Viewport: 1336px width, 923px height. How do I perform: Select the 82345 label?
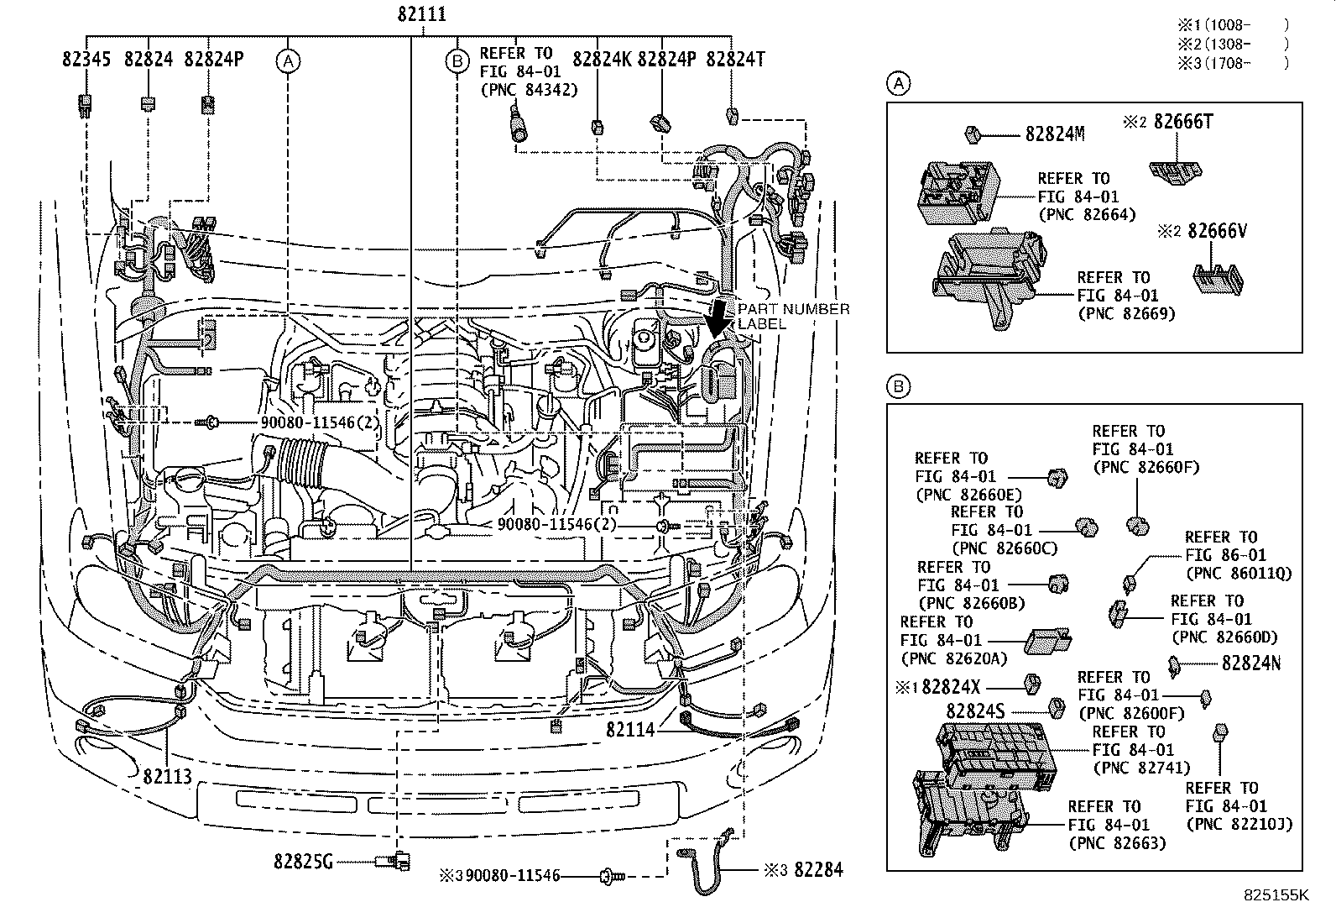tap(87, 60)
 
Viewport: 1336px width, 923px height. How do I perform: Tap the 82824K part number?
tap(601, 60)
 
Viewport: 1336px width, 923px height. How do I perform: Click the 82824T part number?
tap(735, 60)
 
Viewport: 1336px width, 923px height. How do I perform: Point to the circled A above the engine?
tap(288, 60)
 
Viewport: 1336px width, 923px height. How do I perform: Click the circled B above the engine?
tap(457, 60)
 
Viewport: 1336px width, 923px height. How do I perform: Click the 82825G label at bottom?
tap(303, 861)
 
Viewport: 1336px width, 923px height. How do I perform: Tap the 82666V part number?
tap(1217, 231)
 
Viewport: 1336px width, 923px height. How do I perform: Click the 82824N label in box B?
tap(1250, 663)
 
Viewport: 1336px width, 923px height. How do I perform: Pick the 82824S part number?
tap(975, 711)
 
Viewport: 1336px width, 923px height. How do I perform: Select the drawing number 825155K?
tap(1276, 895)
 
